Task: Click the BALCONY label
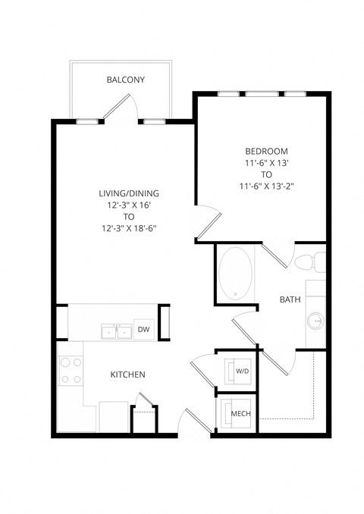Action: pyautogui.click(x=126, y=80)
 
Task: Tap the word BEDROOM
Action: pyautogui.click(x=260, y=150)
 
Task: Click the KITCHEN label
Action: pyautogui.click(x=127, y=375)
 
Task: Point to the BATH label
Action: pyautogui.click(x=290, y=299)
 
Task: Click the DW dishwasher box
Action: pyautogui.click(x=143, y=329)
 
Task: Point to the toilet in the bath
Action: pyautogui.click(x=309, y=263)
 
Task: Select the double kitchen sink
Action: pyautogui.click(x=116, y=331)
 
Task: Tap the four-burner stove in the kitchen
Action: pyautogui.click(x=71, y=371)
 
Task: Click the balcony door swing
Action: pyautogui.click(x=118, y=108)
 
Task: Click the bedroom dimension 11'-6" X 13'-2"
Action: pyautogui.click(x=260, y=184)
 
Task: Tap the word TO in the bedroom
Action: pyautogui.click(x=260, y=173)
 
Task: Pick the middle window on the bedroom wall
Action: pyautogui.click(x=261, y=94)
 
